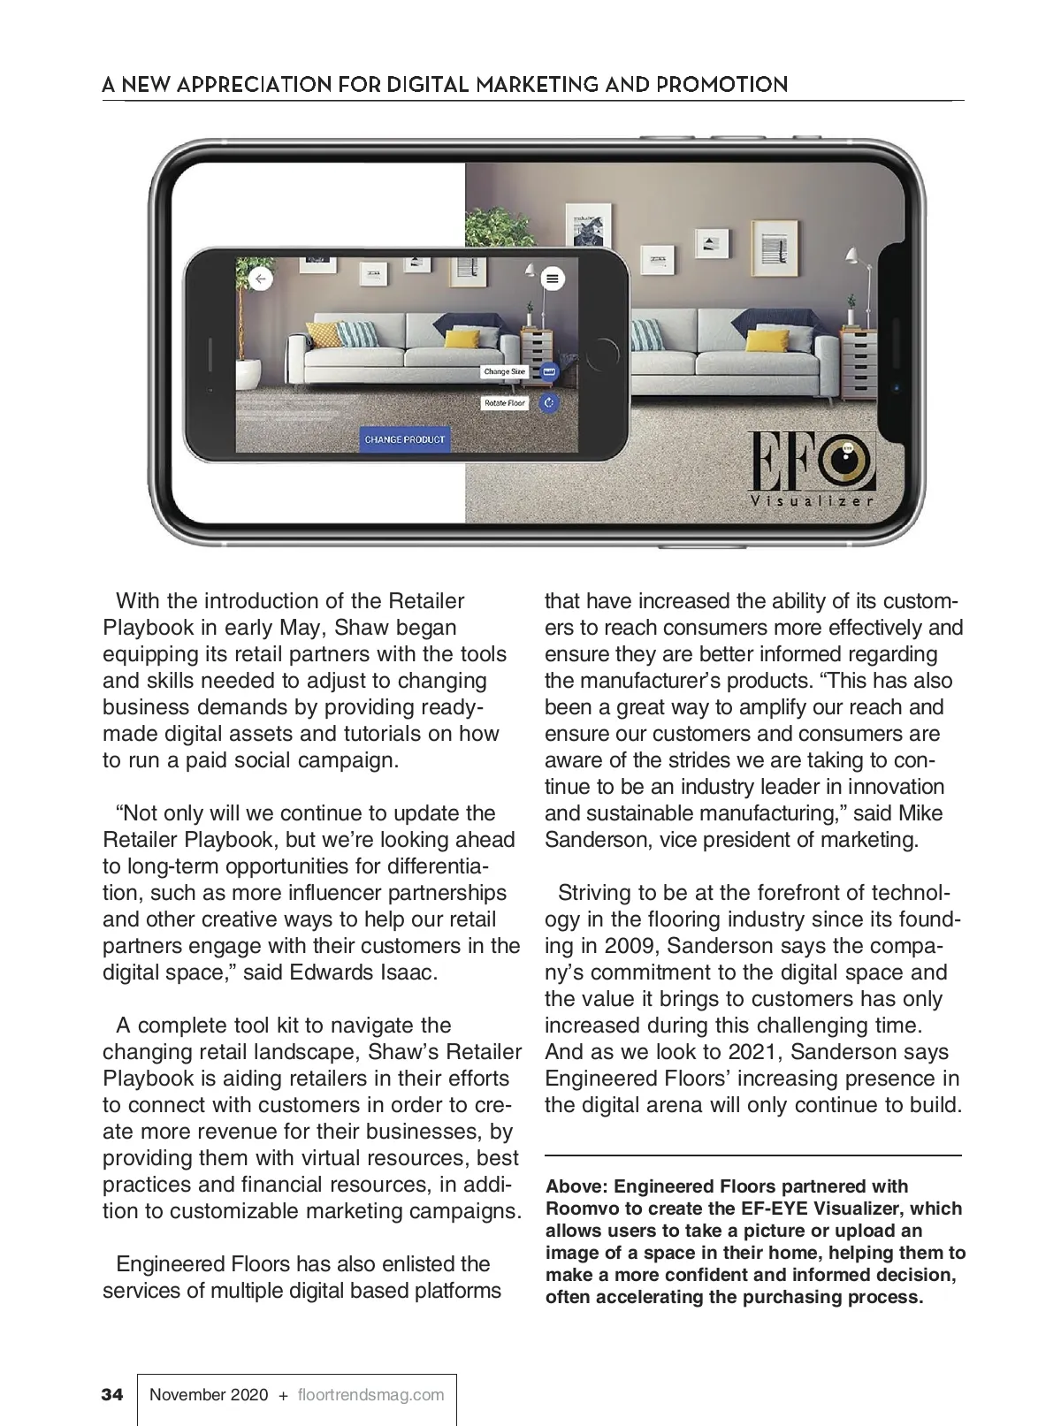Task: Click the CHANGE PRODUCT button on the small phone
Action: pyautogui.click(x=405, y=439)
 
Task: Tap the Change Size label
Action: pyautogui.click(x=504, y=372)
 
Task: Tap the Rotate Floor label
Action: pyautogui.click(x=505, y=403)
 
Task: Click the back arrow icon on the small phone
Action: pyautogui.click(x=260, y=279)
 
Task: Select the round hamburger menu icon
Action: pyautogui.click(x=553, y=279)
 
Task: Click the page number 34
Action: pyautogui.click(x=112, y=1395)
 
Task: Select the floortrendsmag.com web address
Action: pyautogui.click(x=371, y=1395)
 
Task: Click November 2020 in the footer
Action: pyautogui.click(x=209, y=1395)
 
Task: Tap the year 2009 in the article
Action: pyautogui.click(x=631, y=946)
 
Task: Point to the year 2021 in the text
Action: pyautogui.click(x=754, y=1052)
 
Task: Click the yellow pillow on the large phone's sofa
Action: pyautogui.click(x=765, y=340)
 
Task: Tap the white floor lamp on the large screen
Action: pyautogui.click(x=852, y=283)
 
